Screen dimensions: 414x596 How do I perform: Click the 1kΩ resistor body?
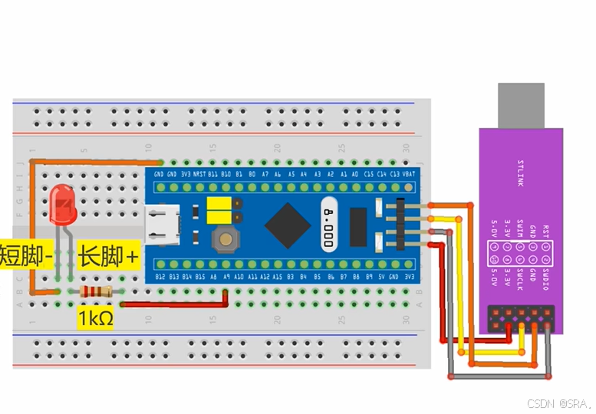[96, 291]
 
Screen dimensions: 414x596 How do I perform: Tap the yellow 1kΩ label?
[95, 316]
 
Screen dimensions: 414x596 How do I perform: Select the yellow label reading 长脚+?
[108, 255]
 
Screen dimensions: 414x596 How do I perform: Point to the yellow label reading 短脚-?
[26, 255]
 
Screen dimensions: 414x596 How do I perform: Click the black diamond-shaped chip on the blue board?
[288, 225]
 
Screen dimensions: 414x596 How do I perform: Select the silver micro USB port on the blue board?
[163, 225]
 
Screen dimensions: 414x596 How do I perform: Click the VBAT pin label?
[408, 175]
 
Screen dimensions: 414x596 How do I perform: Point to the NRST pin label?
[199, 175]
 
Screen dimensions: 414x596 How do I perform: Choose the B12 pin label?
[160, 276]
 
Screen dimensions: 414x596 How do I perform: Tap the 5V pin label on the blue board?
[382, 276]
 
